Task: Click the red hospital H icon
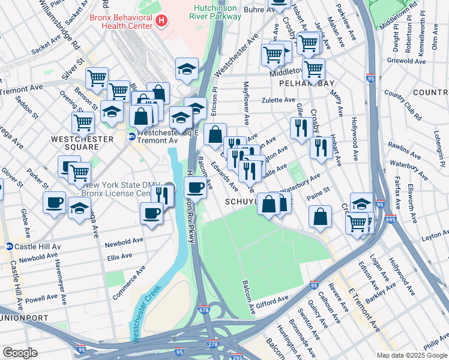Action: (x=161, y=21)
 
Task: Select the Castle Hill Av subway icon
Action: (x=9, y=246)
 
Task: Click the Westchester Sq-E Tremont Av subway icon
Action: (x=131, y=136)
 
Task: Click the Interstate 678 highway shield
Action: (x=205, y=310)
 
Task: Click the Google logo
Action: (x=20, y=352)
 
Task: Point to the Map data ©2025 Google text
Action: (x=412, y=355)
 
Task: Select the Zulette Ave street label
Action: (x=277, y=100)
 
